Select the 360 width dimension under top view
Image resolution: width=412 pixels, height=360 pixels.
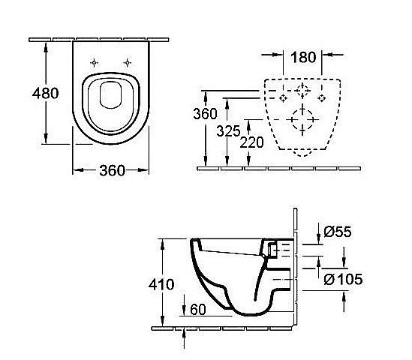(112, 170)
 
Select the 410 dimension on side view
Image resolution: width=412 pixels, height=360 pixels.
(162, 285)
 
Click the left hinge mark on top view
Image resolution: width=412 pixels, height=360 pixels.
(93, 62)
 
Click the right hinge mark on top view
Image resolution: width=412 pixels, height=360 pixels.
(128, 62)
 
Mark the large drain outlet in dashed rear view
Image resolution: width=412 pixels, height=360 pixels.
(302, 119)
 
